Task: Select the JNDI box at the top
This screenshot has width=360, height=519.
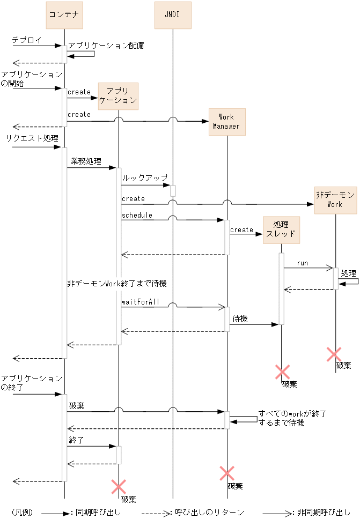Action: click(x=173, y=15)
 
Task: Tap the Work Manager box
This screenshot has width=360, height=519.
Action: click(x=226, y=122)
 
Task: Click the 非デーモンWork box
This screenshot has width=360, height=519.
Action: click(x=335, y=199)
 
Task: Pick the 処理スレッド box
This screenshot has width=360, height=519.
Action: click(x=281, y=230)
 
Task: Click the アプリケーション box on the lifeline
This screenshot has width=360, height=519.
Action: click(x=118, y=96)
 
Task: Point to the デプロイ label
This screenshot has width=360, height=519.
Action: click(x=26, y=40)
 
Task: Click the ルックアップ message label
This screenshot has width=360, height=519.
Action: click(x=145, y=177)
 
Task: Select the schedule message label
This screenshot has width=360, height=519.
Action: click(x=137, y=215)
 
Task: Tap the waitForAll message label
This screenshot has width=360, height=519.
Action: click(x=141, y=302)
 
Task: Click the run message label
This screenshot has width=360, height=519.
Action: click(x=303, y=263)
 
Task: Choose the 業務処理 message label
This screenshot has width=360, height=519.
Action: click(x=85, y=161)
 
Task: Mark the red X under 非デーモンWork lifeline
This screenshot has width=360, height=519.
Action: click(x=334, y=354)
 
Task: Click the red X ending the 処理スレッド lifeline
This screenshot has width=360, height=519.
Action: click(x=282, y=372)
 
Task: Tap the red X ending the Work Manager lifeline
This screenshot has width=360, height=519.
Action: click(x=227, y=473)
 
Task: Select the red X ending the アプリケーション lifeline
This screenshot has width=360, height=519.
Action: click(x=118, y=487)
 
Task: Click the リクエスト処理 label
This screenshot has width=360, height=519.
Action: click(x=32, y=138)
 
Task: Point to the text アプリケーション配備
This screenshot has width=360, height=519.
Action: click(x=106, y=46)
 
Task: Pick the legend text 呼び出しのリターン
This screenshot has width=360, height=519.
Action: click(x=210, y=512)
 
